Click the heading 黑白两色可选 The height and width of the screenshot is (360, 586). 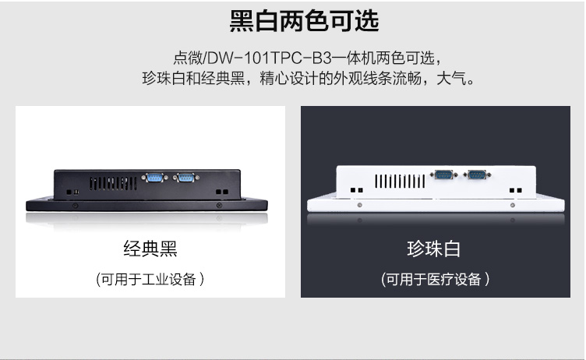point(304,21)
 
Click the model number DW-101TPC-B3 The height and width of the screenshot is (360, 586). point(269,58)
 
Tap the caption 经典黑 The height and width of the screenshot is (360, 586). point(150,249)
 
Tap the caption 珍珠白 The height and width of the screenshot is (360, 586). point(433,249)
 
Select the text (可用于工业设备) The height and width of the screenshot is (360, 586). point(150,279)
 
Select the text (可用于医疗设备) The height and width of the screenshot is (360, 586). point(436,279)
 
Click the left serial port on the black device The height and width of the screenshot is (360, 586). point(154,178)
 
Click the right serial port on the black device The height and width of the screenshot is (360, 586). point(185,178)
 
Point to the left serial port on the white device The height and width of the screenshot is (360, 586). point(443,175)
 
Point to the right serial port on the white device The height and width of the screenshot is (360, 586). point(477,175)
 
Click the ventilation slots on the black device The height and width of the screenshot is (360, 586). point(113,184)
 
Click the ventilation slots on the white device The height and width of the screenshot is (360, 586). point(400,182)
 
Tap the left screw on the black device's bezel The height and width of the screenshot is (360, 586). point(75,206)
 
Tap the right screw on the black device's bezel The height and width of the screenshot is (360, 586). point(220,205)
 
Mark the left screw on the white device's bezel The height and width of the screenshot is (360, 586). point(359,205)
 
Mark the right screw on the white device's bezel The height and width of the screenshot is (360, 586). point(513,205)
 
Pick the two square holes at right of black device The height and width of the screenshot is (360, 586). point(222,192)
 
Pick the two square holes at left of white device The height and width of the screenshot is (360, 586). point(357,190)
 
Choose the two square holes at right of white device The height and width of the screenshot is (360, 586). point(516,190)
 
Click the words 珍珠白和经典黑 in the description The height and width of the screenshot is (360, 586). point(193,79)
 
